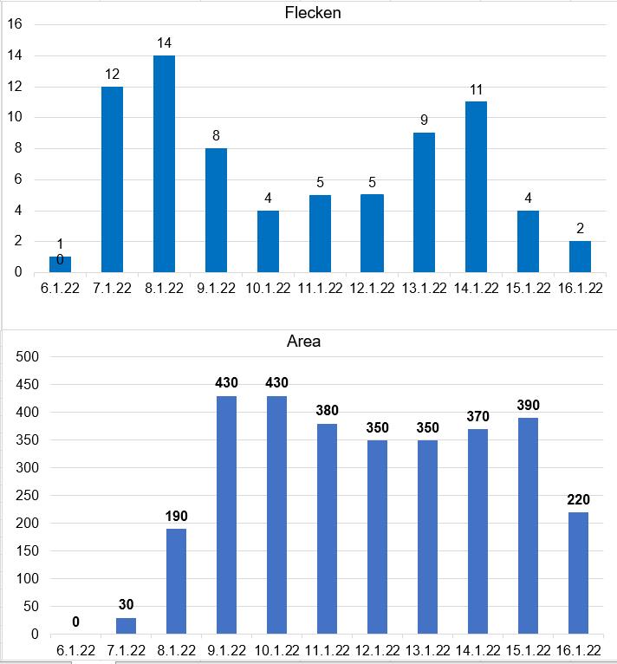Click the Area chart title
(x=303, y=342)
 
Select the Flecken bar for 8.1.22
(x=164, y=164)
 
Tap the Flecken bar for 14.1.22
(x=476, y=186)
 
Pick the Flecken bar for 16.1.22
(x=580, y=257)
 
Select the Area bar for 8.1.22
(x=175, y=581)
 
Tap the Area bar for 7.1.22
(x=126, y=625)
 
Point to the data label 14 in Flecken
(x=165, y=42)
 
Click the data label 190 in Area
(x=175, y=517)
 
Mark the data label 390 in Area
(x=527, y=406)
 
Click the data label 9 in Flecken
(x=424, y=120)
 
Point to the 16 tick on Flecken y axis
(x=15, y=24)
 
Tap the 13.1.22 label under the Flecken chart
(x=424, y=289)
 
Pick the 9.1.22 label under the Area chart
(x=225, y=651)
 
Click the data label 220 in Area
(x=577, y=499)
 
